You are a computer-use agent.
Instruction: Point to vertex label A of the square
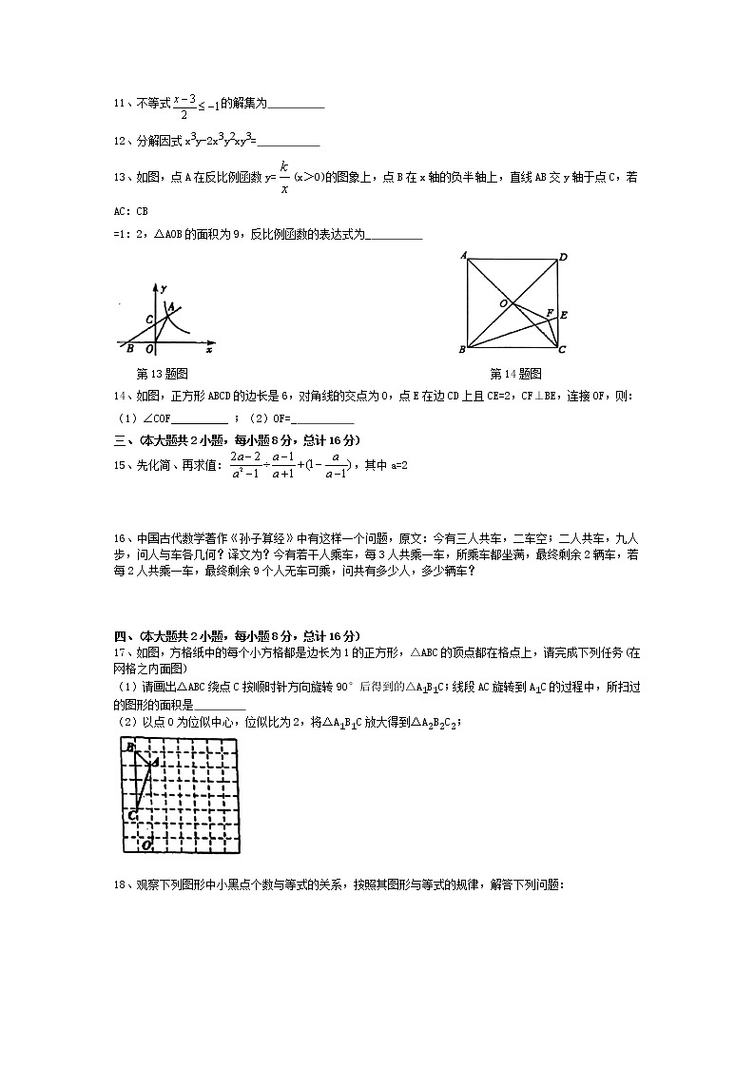(x=462, y=255)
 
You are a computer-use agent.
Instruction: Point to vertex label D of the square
(x=563, y=257)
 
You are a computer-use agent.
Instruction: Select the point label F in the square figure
(x=549, y=311)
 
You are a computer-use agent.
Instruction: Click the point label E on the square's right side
(x=564, y=315)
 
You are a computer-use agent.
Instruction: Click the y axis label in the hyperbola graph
(x=165, y=287)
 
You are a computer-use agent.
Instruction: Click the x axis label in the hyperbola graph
(x=207, y=350)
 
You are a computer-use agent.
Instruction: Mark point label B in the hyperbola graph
(x=129, y=348)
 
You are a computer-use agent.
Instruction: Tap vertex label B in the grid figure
(x=129, y=748)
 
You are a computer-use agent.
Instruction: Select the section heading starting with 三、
(x=237, y=439)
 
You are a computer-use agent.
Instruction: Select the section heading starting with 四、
(x=237, y=636)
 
